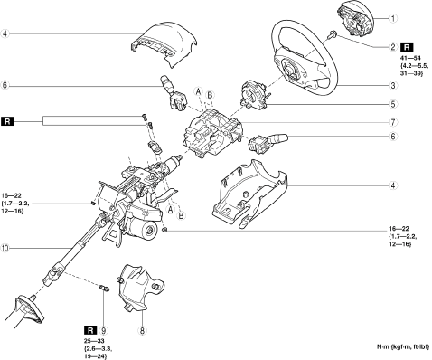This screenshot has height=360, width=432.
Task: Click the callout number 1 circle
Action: tap(392, 18)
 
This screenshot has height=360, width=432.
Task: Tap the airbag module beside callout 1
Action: tap(355, 19)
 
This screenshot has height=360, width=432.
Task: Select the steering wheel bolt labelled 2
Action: tap(333, 33)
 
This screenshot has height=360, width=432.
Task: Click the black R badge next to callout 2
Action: tap(407, 47)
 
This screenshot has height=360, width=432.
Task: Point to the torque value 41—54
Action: tap(410, 57)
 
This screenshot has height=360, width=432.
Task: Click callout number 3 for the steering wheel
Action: tap(392, 86)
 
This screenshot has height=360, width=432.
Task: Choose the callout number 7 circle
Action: tap(392, 122)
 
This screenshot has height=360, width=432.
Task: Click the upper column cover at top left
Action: tap(164, 43)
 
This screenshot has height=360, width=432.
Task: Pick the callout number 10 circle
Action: tap(5, 248)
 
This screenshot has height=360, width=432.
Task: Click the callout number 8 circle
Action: tap(142, 331)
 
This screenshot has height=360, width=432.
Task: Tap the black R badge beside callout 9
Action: tap(90, 330)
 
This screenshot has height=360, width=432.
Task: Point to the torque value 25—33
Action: tap(94, 341)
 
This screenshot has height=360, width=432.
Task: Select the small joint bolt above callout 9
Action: tap(104, 288)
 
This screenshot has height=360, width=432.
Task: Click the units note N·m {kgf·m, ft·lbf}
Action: tap(403, 347)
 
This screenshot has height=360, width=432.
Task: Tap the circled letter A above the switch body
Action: tap(198, 90)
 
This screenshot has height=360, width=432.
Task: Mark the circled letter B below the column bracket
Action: tap(181, 215)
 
